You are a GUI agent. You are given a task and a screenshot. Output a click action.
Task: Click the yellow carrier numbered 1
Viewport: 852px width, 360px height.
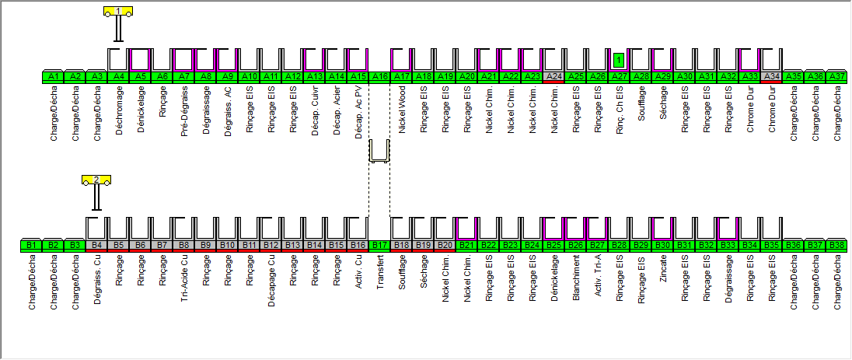point(118,11)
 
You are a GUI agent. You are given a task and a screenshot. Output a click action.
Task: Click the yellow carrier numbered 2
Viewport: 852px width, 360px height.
point(96,180)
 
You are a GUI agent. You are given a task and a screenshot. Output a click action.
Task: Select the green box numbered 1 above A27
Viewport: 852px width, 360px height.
point(619,59)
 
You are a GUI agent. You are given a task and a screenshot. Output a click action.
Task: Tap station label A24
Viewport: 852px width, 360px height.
point(553,77)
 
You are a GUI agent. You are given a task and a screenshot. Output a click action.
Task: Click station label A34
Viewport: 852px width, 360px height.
point(771,77)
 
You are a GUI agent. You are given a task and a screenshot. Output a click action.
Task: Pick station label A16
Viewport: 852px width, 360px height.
point(379,77)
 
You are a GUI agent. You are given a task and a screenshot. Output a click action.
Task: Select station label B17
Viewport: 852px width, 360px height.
point(379,246)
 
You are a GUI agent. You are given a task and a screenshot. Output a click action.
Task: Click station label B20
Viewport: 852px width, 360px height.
point(445,246)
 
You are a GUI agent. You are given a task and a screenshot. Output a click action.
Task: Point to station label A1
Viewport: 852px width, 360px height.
point(53,77)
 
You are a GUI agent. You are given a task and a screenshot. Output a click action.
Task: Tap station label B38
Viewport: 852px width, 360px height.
point(836,246)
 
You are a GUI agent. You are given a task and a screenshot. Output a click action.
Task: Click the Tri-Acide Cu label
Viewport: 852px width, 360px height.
point(184,275)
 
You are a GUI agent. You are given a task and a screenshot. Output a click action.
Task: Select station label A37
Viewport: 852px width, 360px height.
point(836,77)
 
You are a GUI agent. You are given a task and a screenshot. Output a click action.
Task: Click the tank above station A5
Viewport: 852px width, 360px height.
point(140,59)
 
